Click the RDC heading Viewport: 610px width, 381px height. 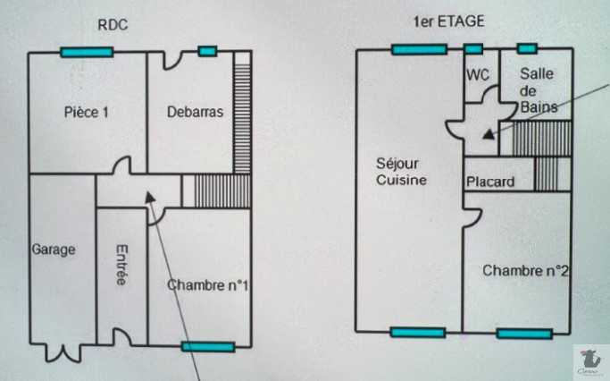(x=113, y=25)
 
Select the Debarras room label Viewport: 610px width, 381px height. (x=195, y=113)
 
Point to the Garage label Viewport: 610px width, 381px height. (x=54, y=250)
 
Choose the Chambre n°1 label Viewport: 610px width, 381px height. (x=206, y=285)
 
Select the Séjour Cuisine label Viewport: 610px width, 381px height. (x=402, y=172)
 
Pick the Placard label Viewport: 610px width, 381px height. (x=490, y=182)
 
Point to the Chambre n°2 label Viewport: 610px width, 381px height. (x=526, y=270)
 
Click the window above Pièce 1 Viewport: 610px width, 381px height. (x=87, y=53)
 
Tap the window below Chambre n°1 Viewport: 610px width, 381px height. (x=207, y=346)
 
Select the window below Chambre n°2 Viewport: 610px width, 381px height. (x=524, y=334)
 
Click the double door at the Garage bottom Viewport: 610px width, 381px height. (x=62, y=351)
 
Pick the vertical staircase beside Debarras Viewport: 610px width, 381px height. (x=241, y=112)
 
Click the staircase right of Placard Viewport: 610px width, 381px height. (x=546, y=174)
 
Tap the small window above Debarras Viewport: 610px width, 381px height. (x=207, y=51)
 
